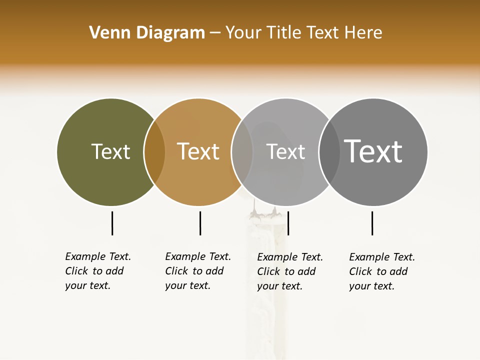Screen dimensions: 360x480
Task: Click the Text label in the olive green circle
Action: coord(110,151)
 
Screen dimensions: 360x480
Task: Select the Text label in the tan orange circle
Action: coord(198,151)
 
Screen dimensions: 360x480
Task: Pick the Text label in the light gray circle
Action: coord(285,151)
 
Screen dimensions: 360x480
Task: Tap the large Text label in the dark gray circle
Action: coord(373,151)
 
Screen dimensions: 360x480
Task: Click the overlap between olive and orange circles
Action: coord(154,152)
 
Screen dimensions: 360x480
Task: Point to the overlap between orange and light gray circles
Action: coord(242,152)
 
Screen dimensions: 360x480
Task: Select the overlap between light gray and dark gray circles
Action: coord(329,152)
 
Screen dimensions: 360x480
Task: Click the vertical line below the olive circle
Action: coord(112,223)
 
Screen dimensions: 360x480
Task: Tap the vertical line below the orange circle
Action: coord(200,223)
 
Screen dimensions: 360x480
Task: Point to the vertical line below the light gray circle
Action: coord(288,223)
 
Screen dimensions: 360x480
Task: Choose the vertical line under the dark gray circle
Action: coord(372,223)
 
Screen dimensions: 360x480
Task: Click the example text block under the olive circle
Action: coord(98,271)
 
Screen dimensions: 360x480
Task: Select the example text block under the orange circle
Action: coord(198,271)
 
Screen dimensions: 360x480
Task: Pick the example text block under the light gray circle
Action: coord(290,271)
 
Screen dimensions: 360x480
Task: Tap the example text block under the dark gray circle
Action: coord(382,271)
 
